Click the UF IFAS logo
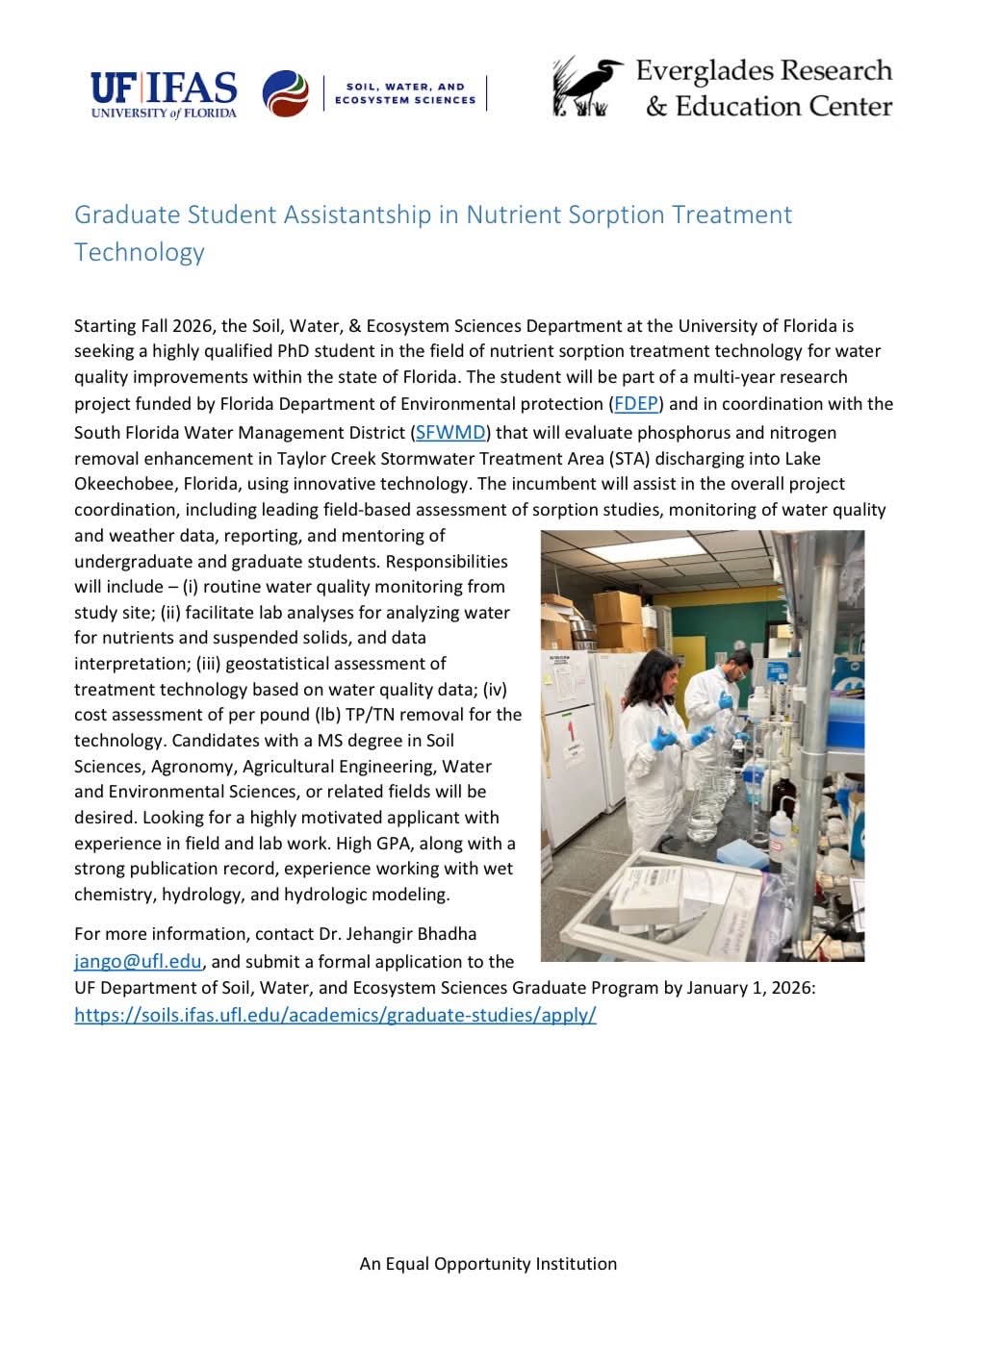tap(164, 94)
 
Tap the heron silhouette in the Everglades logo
tap(587, 87)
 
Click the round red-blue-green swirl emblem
tap(285, 94)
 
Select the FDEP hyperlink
tap(636, 404)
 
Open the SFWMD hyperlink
tap(450, 433)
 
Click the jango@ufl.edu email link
tap(138, 961)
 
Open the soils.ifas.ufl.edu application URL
tap(335, 1015)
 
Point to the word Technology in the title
tap(140, 252)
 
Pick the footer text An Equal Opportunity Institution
tap(488, 1264)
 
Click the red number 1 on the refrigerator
tap(570, 730)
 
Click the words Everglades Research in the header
tap(763, 71)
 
